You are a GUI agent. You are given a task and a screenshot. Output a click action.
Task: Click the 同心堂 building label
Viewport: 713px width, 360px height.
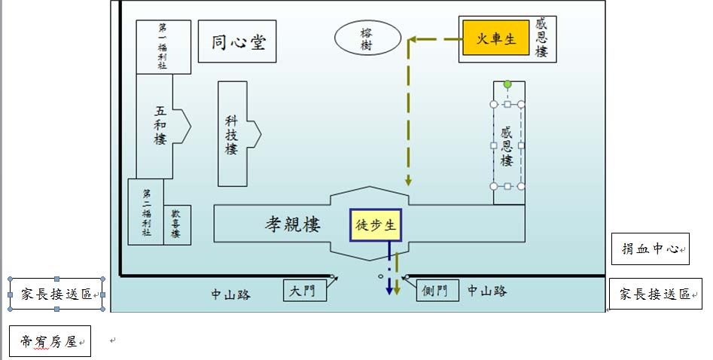click(237, 41)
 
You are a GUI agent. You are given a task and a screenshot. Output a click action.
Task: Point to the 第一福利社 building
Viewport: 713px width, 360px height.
click(163, 47)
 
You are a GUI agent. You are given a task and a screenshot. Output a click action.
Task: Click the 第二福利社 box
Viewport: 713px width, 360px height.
click(145, 212)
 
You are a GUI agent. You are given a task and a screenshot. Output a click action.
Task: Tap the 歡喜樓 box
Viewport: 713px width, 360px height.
click(177, 224)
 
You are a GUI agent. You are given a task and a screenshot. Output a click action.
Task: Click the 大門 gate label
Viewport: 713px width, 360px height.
click(305, 290)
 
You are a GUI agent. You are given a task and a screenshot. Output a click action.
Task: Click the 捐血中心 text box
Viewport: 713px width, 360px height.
click(651, 249)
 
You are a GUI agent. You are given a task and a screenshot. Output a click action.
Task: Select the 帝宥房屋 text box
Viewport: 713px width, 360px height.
click(50, 341)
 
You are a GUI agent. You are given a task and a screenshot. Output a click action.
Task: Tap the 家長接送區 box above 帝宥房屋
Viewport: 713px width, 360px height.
click(56, 294)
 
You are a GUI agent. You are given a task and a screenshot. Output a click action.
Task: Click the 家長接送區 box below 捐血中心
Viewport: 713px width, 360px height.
click(655, 294)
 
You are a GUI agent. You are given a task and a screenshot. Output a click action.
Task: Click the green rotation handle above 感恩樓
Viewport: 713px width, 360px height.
click(507, 84)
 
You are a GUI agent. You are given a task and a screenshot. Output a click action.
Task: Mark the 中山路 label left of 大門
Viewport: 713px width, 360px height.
click(230, 294)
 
